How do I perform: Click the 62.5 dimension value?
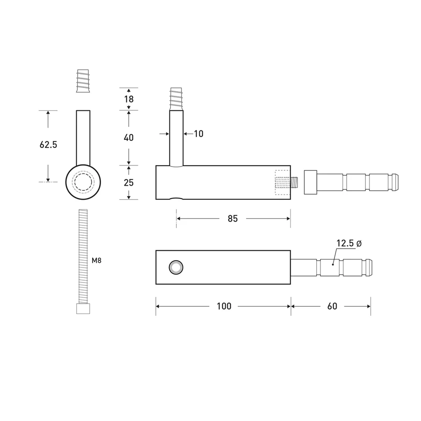click(48, 145)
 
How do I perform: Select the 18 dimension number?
click(129, 99)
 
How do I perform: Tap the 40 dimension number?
click(129, 138)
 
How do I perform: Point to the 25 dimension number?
click(129, 182)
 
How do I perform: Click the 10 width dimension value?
click(198, 134)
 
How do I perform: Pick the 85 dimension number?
click(233, 218)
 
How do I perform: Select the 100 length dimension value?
click(224, 306)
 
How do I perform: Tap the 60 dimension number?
click(332, 306)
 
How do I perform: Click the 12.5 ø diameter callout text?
click(348, 244)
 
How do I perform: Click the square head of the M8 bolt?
click(83, 309)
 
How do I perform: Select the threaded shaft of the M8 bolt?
click(83, 255)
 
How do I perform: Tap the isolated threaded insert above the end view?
click(83, 81)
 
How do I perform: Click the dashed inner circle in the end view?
click(83, 182)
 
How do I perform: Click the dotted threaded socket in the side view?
click(282, 182)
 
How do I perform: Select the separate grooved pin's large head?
click(311, 182)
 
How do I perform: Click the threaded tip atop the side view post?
click(176, 98)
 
